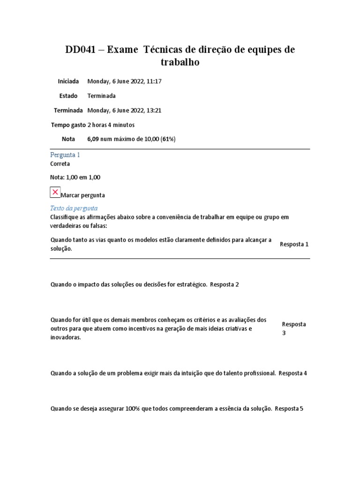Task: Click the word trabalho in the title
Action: click(180, 62)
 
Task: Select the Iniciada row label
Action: click(68, 81)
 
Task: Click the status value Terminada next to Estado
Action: click(101, 96)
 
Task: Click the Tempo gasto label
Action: click(68, 125)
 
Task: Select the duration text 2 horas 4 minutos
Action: click(111, 125)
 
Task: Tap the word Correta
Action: click(60, 164)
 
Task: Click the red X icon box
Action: click(55, 193)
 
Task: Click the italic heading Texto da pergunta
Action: click(74, 208)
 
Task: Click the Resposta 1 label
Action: click(294, 244)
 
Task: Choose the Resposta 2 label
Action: click(225, 285)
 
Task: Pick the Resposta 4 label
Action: click(292, 374)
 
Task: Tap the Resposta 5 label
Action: click(289, 408)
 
